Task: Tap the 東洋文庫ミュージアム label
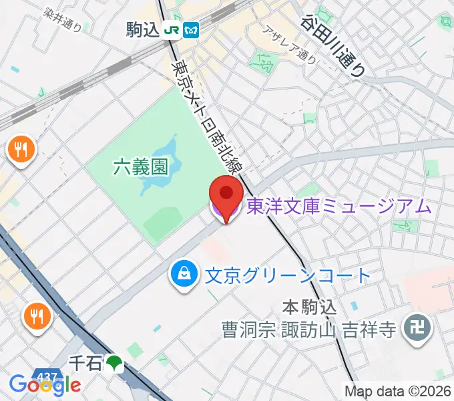pyautogui.click(x=339, y=207)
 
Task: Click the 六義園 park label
pyautogui.click(x=140, y=166)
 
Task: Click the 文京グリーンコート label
pyautogui.click(x=287, y=274)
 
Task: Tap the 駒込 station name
pyautogui.click(x=142, y=30)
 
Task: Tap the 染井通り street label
pyautogui.click(x=61, y=21)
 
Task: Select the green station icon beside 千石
pyautogui.click(x=115, y=363)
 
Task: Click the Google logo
pyautogui.click(x=44, y=385)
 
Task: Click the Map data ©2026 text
pyautogui.click(x=398, y=391)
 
